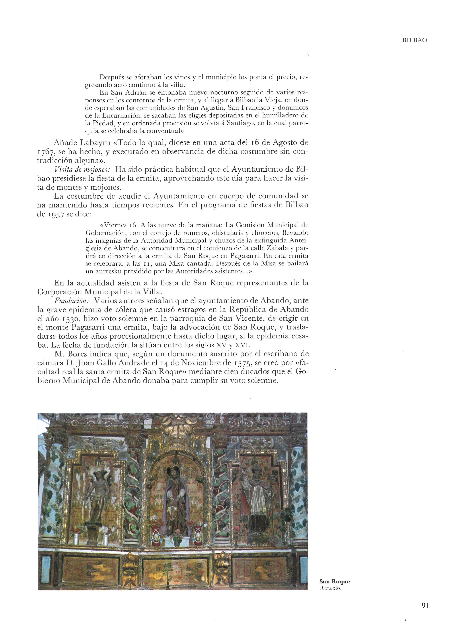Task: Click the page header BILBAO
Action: [414, 40]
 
